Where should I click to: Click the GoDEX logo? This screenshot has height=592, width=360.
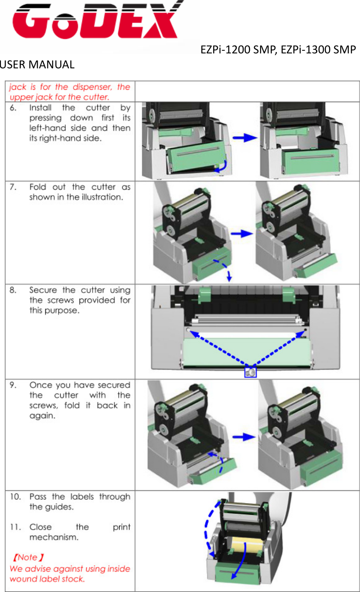96,23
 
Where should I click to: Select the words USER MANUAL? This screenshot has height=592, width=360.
37,65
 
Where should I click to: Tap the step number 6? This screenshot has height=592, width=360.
13,108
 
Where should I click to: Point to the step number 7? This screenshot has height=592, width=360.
13,187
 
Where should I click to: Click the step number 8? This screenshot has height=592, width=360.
13,290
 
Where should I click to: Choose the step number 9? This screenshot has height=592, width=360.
13,385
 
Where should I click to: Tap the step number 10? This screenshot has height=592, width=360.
15,497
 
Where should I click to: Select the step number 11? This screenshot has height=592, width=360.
15,527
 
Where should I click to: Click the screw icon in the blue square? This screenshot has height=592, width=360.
251,372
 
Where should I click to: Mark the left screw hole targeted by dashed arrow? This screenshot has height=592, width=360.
188,330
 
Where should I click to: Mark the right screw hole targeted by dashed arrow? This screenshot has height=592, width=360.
304,330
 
